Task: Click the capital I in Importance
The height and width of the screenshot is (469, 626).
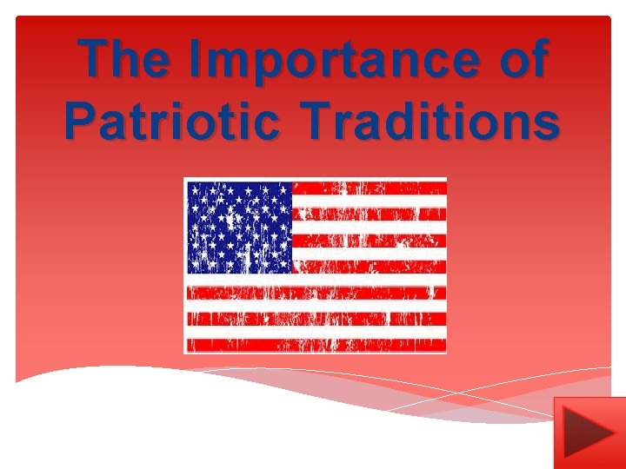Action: click(196, 59)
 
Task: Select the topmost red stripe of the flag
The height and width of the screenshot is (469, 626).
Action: click(370, 188)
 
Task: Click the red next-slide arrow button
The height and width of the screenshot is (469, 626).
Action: click(589, 432)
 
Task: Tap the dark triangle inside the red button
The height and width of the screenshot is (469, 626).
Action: click(584, 433)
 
